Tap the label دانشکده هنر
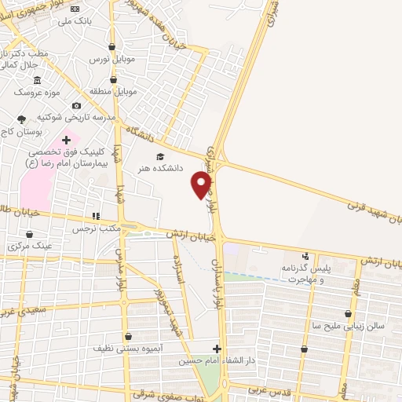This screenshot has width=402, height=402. point(160,168)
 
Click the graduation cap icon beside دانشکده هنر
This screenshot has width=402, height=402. point(161,155)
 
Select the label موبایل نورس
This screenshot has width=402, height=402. point(112,60)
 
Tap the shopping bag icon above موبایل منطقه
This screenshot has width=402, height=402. point(113,79)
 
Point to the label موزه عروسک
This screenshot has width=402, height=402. point(37,93)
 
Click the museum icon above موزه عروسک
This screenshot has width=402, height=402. point(37,80)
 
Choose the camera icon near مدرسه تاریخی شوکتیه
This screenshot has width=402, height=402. point(76,105)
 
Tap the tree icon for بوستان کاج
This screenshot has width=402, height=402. point(20,119)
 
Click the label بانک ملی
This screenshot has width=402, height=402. point(75,20)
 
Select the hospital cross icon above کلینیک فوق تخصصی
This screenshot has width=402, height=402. point(66,139)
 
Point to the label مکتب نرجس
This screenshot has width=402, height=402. point(94,229)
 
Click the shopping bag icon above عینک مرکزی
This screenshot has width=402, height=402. point(30,234)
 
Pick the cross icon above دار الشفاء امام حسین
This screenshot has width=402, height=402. point(217,348)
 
